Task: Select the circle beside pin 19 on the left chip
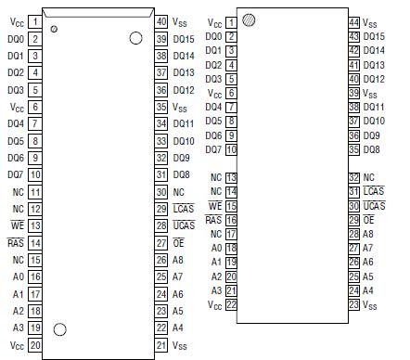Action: pyautogui.click(x=61, y=328)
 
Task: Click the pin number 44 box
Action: pyautogui.click(x=353, y=22)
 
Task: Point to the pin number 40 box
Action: pyautogui.click(x=160, y=21)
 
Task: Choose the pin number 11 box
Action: pyautogui.click(x=34, y=192)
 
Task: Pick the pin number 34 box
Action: pyautogui.click(x=160, y=123)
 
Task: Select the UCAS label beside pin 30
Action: pyautogui.click(x=375, y=205)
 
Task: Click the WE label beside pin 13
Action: pyautogui.click(x=16, y=225)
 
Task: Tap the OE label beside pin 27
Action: pyautogui.click(x=178, y=243)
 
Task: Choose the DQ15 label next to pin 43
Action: pyautogui.click(x=375, y=36)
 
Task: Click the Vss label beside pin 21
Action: pyautogui.click(x=180, y=345)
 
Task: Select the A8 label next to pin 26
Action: pyautogui.click(x=177, y=260)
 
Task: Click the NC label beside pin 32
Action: pyautogui.click(x=368, y=177)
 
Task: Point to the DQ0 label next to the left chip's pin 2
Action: pyautogui.click(x=15, y=39)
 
